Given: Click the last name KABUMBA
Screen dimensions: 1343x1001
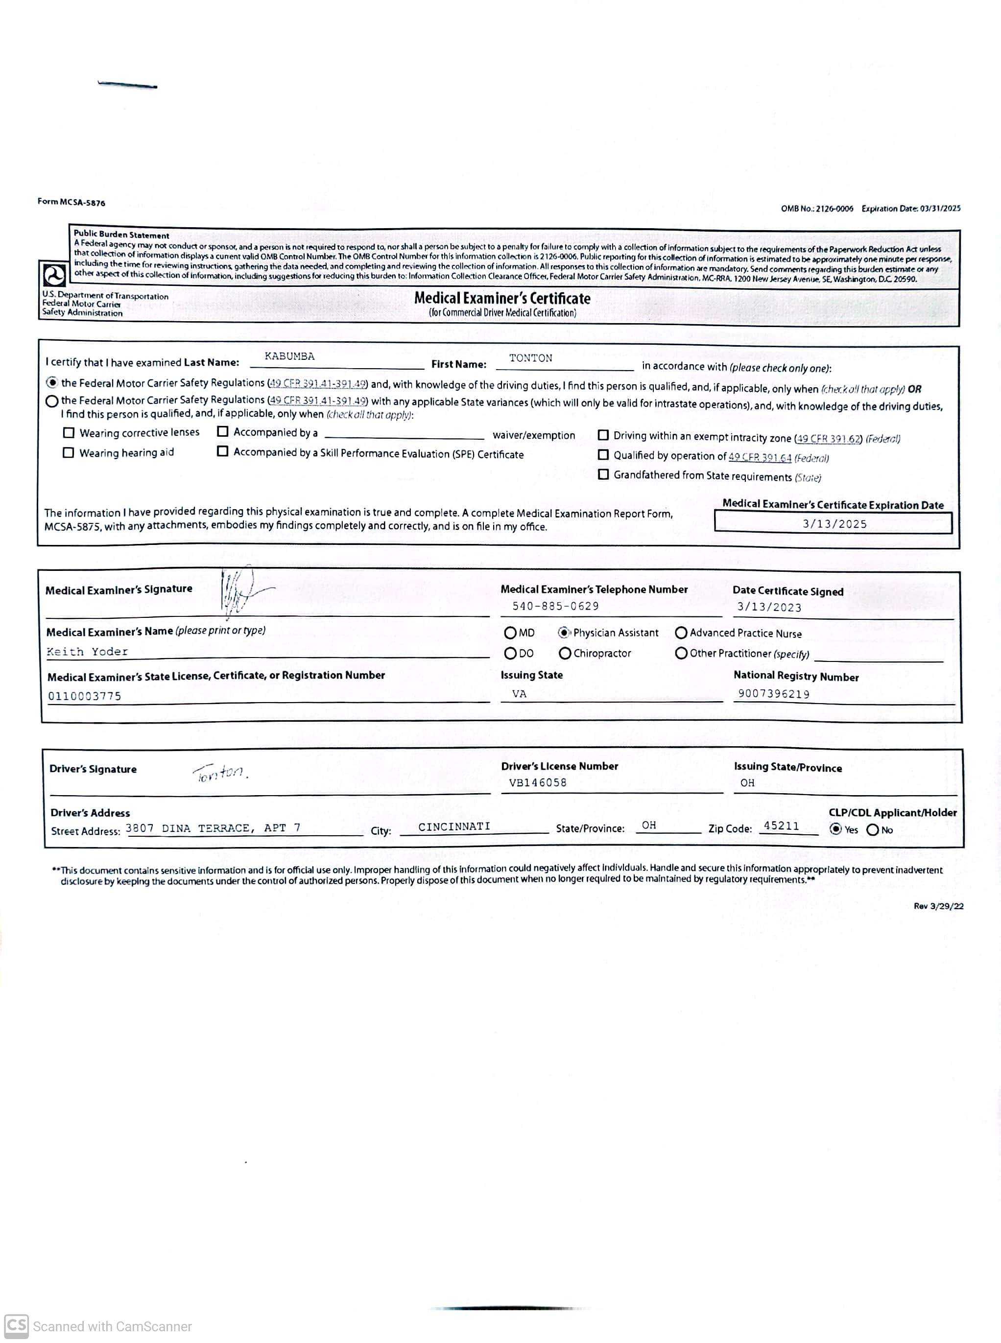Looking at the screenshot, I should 289,356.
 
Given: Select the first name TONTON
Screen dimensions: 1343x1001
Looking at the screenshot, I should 530,358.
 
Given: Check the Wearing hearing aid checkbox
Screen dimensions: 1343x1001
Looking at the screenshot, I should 69,452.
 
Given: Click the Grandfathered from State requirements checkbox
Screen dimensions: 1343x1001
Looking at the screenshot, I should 603,474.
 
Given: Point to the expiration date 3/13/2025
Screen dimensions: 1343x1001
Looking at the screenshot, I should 834,524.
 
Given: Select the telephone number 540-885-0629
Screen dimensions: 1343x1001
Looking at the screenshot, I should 555,606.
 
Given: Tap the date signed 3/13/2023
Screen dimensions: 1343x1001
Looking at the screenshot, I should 769,607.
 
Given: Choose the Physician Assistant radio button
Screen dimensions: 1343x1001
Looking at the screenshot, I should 564,633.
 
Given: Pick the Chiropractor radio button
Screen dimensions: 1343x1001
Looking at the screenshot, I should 565,653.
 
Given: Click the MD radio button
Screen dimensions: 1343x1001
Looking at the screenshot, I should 510,633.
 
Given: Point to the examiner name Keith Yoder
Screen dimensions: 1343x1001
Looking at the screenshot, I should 87,652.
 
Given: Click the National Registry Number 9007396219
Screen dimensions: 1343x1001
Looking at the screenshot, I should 773,694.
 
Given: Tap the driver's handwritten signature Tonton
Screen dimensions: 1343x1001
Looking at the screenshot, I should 220,773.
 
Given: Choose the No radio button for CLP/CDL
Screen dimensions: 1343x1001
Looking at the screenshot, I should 873,830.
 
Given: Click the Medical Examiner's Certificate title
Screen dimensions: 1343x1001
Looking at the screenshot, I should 502,298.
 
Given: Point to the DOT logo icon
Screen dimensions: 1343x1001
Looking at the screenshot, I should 54,276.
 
